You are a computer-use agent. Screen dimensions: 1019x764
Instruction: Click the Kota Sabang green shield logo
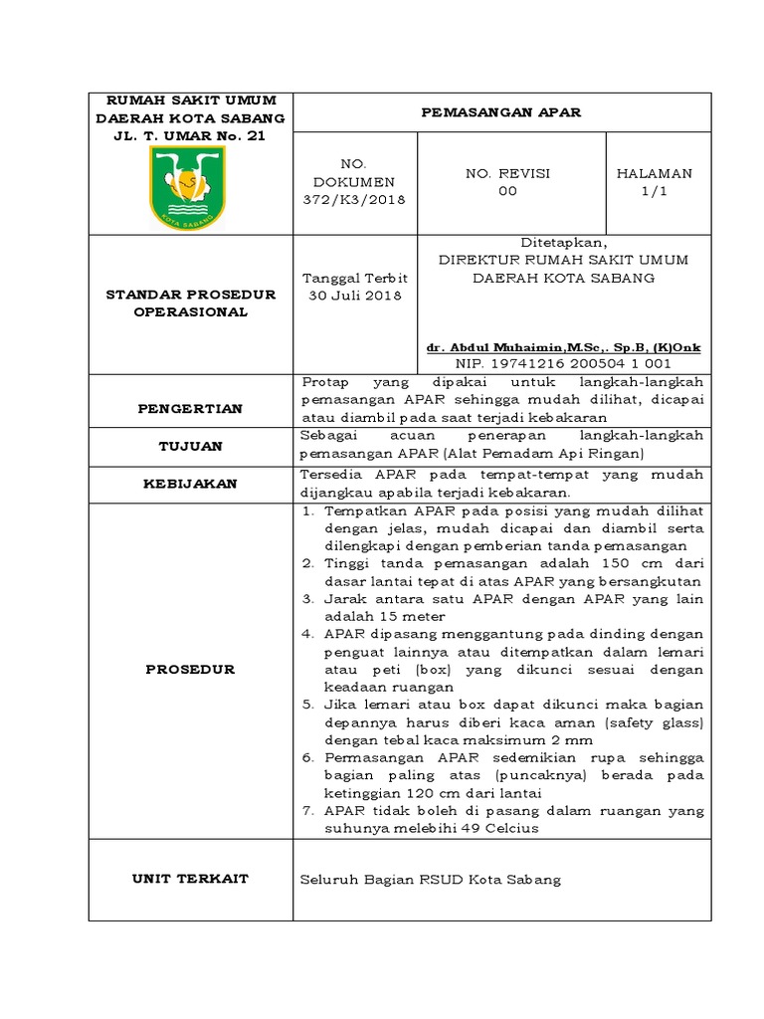pyautogui.click(x=187, y=188)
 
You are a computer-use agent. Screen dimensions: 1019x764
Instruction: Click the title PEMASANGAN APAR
pyautogui.click(x=501, y=112)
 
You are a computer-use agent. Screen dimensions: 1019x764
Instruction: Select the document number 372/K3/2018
pyautogui.click(x=354, y=200)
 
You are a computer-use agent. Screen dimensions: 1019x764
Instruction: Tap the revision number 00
pyautogui.click(x=507, y=191)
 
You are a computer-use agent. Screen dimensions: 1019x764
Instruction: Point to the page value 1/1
pyautogui.click(x=654, y=191)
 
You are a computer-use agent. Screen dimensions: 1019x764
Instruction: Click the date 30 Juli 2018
pyautogui.click(x=354, y=296)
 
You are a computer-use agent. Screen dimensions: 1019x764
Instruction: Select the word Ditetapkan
pyautogui.click(x=564, y=242)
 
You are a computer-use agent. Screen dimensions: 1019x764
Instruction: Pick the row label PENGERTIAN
pyautogui.click(x=190, y=409)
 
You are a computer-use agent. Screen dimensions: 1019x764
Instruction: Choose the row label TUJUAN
pyautogui.click(x=190, y=447)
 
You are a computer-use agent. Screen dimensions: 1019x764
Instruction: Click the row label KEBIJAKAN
pyautogui.click(x=190, y=484)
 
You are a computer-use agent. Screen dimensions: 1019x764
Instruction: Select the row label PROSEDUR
pyautogui.click(x=190, y=670)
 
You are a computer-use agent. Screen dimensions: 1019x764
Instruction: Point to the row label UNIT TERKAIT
pyautogui.click(x=190, y=879)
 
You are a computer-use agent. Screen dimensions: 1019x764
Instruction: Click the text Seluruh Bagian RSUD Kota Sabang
pyautogui.click(x=431, y=880)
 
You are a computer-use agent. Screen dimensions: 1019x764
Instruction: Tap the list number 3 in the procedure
pyautogui.click(x=308, y=599)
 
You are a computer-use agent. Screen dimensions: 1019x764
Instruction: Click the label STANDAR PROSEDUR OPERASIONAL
pyautogui.click(x=190, y=304)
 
